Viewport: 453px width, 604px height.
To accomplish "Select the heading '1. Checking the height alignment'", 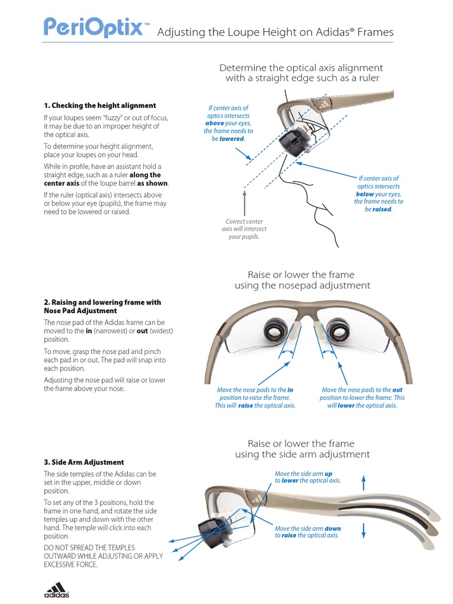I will (x=100, y=106).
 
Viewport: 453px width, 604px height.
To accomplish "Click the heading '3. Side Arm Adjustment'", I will (x=84, y=462).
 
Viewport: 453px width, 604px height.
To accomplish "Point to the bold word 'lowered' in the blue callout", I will (x=232, y=139).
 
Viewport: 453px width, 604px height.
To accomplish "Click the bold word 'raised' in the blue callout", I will (x=382, y=209).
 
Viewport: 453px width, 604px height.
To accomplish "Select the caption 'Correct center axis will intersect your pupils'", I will (x=244, y=229).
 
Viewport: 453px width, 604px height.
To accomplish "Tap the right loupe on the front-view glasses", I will (x=340, y=330).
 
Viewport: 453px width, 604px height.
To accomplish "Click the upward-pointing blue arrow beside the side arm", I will (x=363, y=482).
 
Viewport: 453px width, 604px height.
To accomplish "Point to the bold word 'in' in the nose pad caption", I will (x=290, y=390).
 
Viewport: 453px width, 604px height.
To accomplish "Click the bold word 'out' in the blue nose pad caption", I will (x=397, y=390).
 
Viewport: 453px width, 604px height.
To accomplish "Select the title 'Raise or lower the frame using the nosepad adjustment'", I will (x=302, y=280).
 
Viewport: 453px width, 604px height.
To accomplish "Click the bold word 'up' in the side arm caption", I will (x=329, y=473).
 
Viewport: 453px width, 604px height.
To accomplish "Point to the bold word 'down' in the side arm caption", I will (x=333, y=528).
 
